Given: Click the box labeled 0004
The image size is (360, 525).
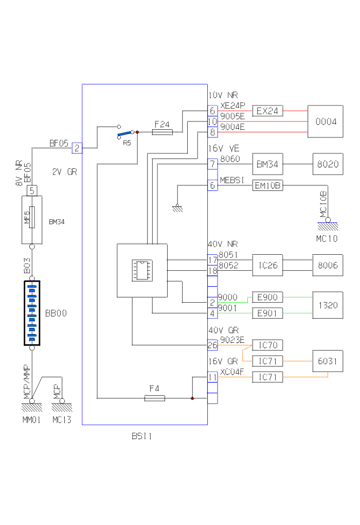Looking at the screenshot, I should click(325, 121).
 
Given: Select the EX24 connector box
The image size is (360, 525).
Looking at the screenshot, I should click(267, 111).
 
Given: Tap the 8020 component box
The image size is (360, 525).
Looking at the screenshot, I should click(328, 165).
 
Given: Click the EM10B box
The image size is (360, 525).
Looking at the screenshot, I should click(267, 186).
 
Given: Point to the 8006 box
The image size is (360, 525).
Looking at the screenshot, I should click(328, 265).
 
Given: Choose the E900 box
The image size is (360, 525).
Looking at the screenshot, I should click(267, 297).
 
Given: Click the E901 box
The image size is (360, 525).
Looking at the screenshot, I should click(267, 312).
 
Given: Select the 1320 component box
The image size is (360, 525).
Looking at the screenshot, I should click(328, 305).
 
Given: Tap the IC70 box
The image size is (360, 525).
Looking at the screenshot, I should click(267, 345).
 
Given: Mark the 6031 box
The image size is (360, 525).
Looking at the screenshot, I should click(328, 361).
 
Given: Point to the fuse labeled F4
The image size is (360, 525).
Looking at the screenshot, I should click(154, 398).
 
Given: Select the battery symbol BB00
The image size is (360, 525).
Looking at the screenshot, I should click(32, 312).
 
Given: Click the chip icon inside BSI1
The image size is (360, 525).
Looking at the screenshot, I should click(141, 271).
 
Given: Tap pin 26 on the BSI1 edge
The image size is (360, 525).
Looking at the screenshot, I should click(212, 345).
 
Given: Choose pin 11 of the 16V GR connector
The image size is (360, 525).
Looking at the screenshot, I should click(212, 377).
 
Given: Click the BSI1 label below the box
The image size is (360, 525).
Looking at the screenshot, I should click(141, 436).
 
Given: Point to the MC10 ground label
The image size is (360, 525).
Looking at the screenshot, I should click(327, 239).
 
